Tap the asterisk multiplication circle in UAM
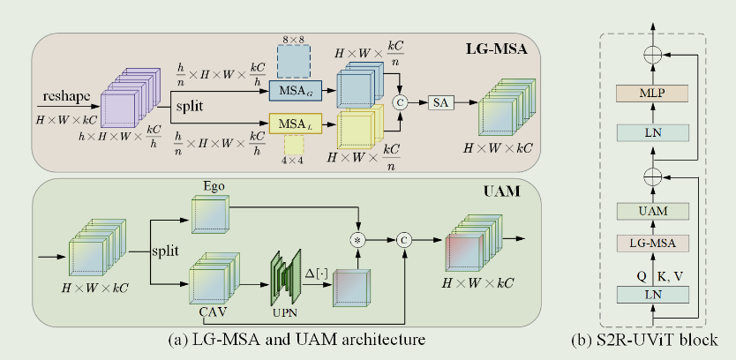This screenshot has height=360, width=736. point(358,240)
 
